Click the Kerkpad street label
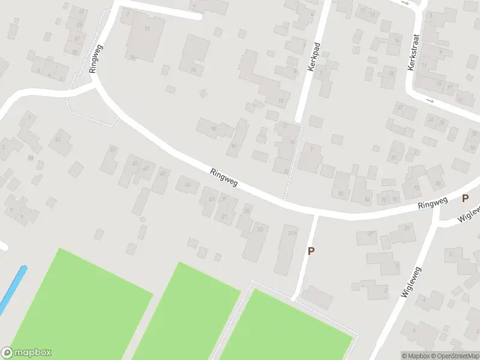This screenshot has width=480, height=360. pyautogui.click(x=311, y=57)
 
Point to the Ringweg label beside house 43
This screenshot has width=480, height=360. pyautogui.click(x=224, y=179)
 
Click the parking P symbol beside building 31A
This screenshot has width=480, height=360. pyautogui.click(x=311, y=251)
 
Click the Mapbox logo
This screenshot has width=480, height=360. pyautogui.click(x=26, y=353)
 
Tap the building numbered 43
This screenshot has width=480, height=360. pyautogui.click(x=187, y=184)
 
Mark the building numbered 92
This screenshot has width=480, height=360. pyautogui.click(x=213, y=127)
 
